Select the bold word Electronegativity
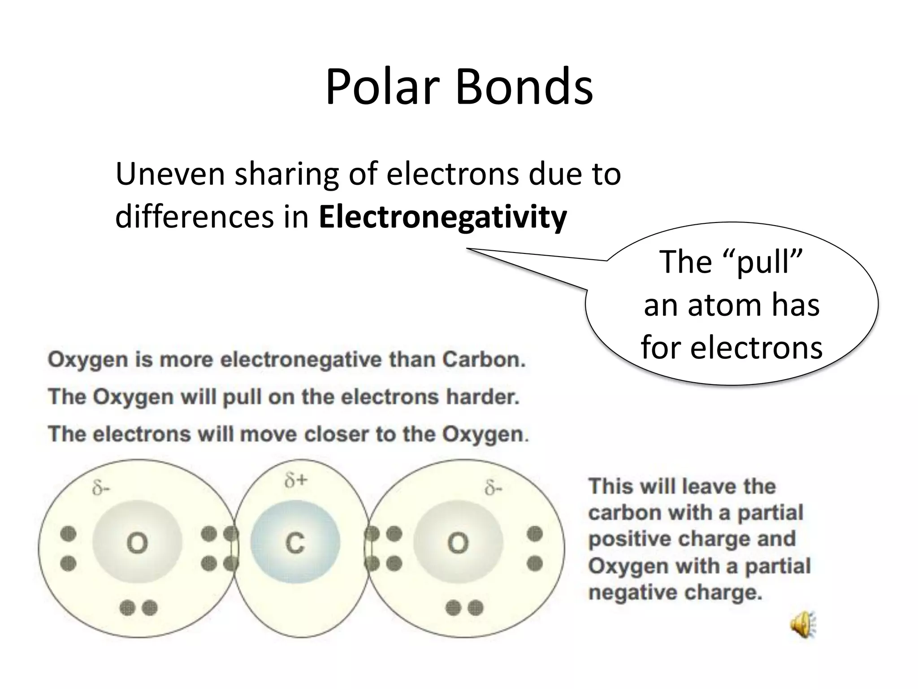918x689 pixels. (443, 217)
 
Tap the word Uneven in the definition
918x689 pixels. (170, 174)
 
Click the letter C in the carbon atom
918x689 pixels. (295, 543)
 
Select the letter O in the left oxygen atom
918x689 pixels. (137, 544)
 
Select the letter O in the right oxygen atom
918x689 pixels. (458, 543)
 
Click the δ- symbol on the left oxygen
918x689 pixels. (100, 488)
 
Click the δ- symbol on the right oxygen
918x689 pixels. (494, 488)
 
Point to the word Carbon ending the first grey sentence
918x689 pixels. (484, 360)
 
